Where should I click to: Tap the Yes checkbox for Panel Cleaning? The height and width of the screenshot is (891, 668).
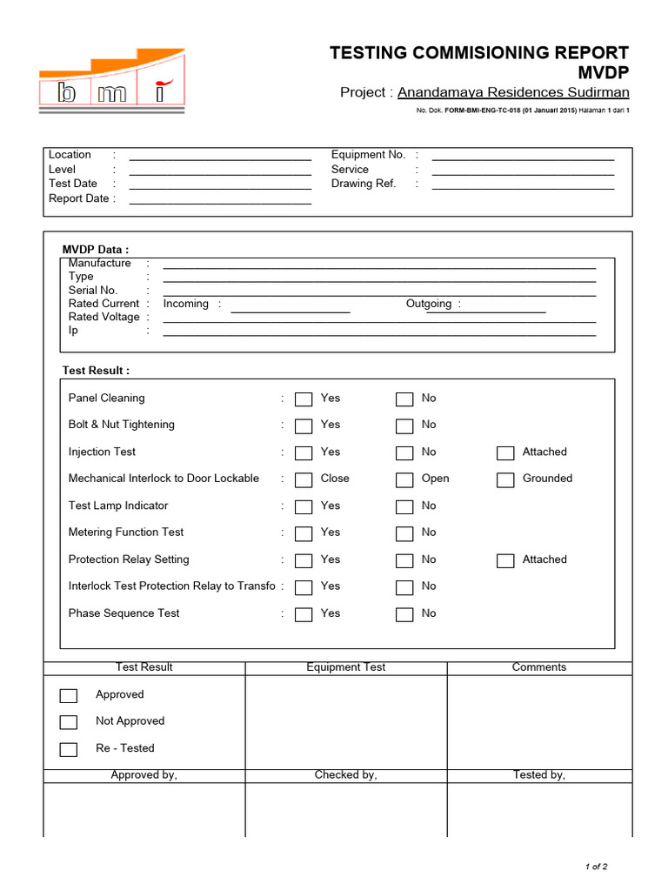pos(304,399)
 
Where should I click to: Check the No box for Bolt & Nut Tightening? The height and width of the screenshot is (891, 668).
pos(404,426)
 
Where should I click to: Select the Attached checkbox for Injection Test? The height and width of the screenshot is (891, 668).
pos(505,453)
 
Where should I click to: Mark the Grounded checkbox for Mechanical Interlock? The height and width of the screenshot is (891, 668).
pos(505,479)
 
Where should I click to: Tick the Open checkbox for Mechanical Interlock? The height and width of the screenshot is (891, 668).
pos(404,479)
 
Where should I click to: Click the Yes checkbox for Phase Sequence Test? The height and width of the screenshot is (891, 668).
pos(304,614)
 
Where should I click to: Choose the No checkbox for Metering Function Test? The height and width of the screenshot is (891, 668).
pos(404,533)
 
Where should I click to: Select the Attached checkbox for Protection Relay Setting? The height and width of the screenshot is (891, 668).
pos(505,560)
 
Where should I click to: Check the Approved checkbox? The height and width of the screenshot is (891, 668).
pos(69,695)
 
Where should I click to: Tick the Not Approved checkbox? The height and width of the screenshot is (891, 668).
pos(69,722)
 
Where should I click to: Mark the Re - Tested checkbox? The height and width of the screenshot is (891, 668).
pos(69,749)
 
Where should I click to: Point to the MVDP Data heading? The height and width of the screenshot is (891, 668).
pos(96,250)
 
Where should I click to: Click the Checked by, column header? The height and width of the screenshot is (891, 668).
pos(345,775)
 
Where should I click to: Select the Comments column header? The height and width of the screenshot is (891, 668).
pos(538,667)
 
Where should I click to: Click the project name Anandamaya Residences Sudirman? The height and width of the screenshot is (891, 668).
pos(513,92)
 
